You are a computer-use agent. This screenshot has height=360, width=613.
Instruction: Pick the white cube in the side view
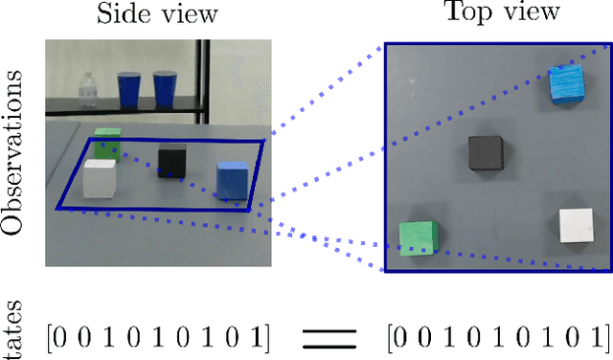pyautogui.click(x=99, y=177)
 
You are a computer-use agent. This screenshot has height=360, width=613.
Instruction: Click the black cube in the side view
pyautogui.click(x=172, y=161)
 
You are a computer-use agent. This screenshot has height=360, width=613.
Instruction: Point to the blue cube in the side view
pyautogui.click(x=231, y=180)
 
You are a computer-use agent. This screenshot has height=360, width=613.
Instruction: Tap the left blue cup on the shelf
pyautogui.click(x=129, y=90)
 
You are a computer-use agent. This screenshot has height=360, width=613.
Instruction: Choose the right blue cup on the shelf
pyautogui.click(x=163, y=90)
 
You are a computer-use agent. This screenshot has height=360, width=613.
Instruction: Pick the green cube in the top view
pyautogui.click(x=419, y=239)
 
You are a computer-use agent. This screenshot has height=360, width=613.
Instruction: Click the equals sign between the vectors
pyautogui.click(x=329, y=336)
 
